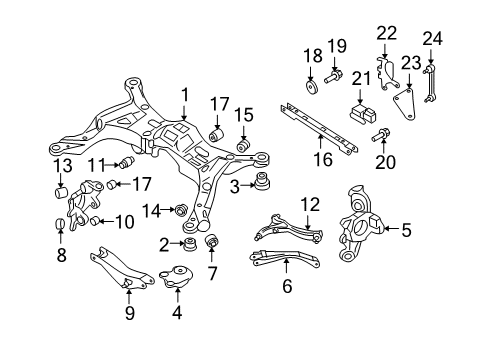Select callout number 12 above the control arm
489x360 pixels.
click(311, 205)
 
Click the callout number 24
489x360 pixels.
click(431, 39)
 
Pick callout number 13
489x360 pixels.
click(62, 164)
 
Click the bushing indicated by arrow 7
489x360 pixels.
click(212, 243)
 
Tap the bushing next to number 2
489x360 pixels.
click(187, 244)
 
